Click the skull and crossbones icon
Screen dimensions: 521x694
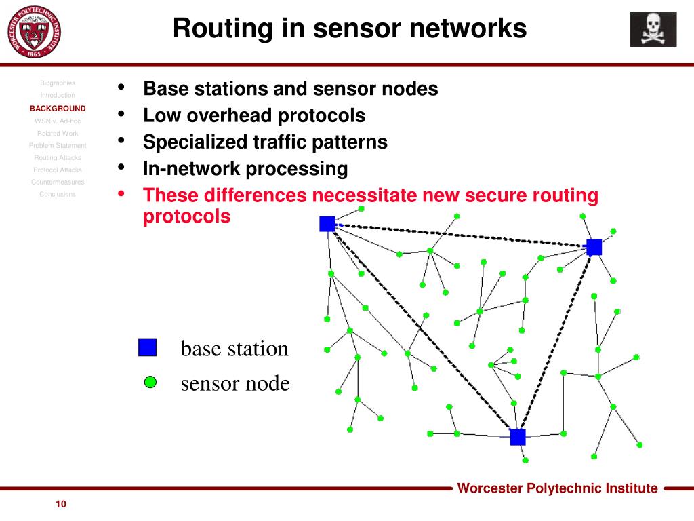pyautogui.click(x=653, y=29)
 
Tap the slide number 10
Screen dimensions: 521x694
pyautogui.click(x=61, y=504)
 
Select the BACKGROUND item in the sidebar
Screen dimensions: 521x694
pyautogui.click(x=58, y=108)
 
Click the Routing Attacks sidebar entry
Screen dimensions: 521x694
pyautogui.click(x=58, y=157)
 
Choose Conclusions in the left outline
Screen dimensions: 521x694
pyautogui.click(x=58, y=194)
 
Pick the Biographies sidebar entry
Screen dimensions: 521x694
pyautogui.click(x=58, y=83)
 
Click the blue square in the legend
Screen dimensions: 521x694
pyautogui.click(x=147, y=347)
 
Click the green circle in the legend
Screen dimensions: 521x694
pyautogui.click(x=150, y=383)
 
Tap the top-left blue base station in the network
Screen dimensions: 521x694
pyautogui.click(x=327, y=223)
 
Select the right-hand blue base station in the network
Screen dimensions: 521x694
pyautogui.click(x=594, y=247)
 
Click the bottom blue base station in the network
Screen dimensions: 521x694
pyautogui.click(x=517, y=437)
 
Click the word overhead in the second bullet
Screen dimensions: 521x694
pyautogui.click(x=228, y=115)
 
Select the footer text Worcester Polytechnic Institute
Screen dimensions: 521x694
pyautogui.click(x=557, y=488)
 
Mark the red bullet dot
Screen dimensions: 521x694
pyautogui.click(x=121, y=195)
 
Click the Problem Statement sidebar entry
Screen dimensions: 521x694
pyautogui.click(x=58, y=145)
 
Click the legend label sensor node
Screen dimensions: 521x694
pyautogui.click(x=234, y=383)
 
